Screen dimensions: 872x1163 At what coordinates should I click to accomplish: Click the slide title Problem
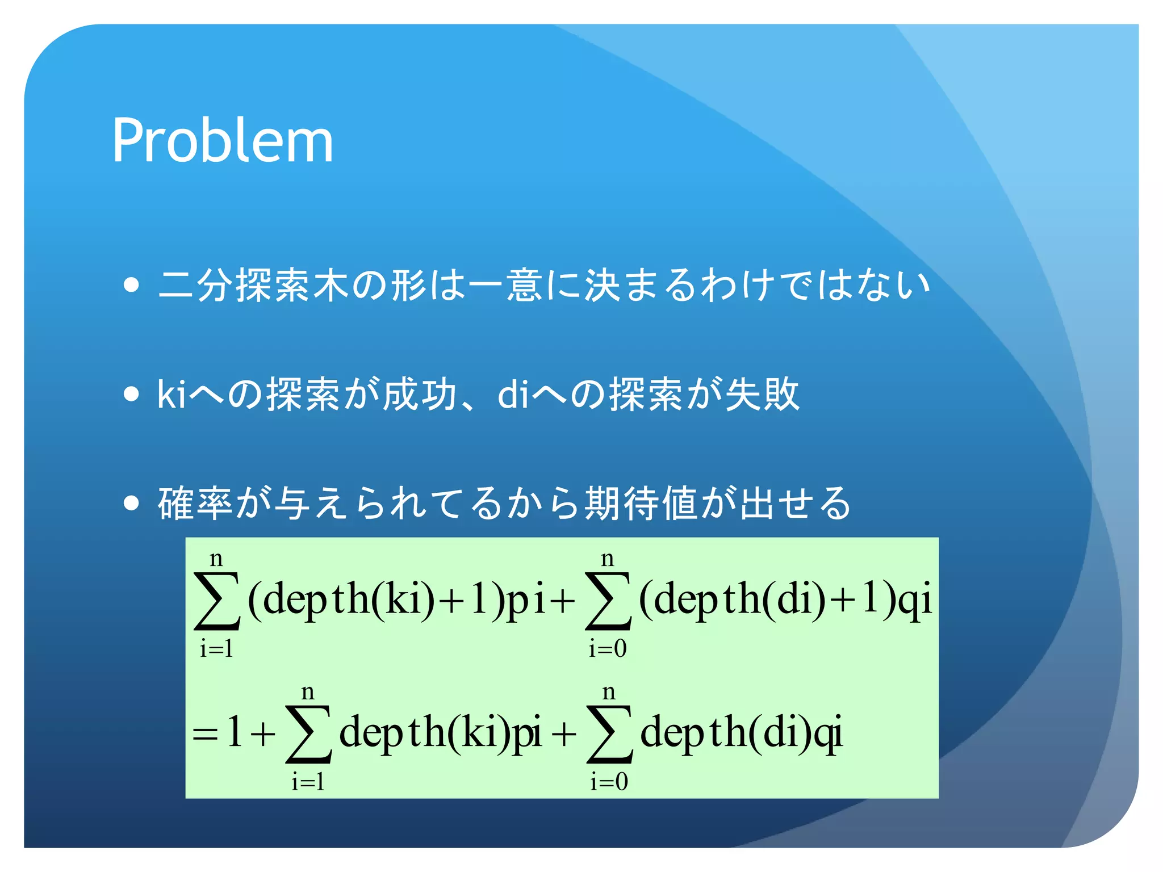223,140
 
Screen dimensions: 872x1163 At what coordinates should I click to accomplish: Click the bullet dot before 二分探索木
131,284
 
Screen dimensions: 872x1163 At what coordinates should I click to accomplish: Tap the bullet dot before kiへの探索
131,393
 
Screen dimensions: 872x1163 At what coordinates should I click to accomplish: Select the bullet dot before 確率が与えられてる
131,503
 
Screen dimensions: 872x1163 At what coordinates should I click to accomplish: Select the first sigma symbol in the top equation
216,601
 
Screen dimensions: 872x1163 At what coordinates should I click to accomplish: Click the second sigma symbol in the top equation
608,601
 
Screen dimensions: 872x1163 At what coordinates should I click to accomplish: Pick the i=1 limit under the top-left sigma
216,648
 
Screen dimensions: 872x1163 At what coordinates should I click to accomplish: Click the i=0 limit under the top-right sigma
608,648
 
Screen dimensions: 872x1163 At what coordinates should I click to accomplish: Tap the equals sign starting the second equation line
205,734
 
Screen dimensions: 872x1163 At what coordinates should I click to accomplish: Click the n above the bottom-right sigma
609,691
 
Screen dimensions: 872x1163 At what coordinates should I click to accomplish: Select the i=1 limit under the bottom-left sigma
308,782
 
